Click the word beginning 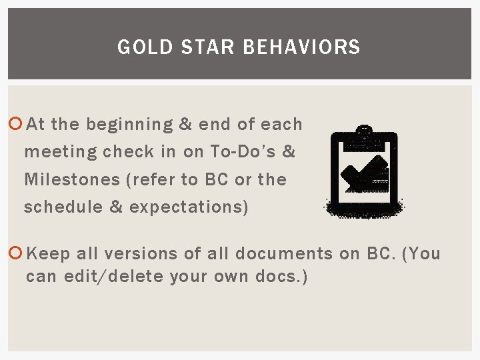[129, 125]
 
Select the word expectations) [189, 207]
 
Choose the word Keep [48, 253]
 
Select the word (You [422, 253]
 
